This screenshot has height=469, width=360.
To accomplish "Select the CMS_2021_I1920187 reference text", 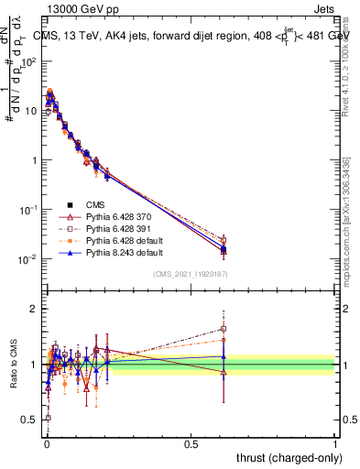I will [191, 275].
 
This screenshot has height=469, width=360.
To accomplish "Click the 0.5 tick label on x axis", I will [191, 443].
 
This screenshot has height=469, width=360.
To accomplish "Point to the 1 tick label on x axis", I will [335, 443].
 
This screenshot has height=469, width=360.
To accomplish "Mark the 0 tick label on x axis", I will [47, 443].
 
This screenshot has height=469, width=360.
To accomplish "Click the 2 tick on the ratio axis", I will [34, 309].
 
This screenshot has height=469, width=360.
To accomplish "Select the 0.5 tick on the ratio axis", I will [31, 420].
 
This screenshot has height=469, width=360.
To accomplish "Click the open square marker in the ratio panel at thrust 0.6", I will [224, 329].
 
